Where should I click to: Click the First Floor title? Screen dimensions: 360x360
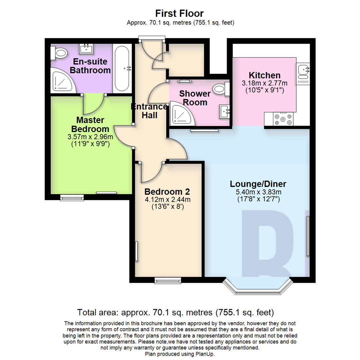[x=180, y=14]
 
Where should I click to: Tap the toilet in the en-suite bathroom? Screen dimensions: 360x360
[x=59, y=52]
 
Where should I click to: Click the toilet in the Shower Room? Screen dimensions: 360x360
[x=221, y=89]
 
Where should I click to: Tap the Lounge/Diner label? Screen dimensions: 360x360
[x=258, y=184]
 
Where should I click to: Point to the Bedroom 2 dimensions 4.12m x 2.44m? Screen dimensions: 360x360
[x=167, y=200]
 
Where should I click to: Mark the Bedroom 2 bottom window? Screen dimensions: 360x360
[x=168, y=281]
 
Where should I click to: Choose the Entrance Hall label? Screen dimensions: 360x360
[x=149, y=111]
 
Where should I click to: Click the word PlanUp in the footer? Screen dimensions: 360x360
[x=206, y=354]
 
